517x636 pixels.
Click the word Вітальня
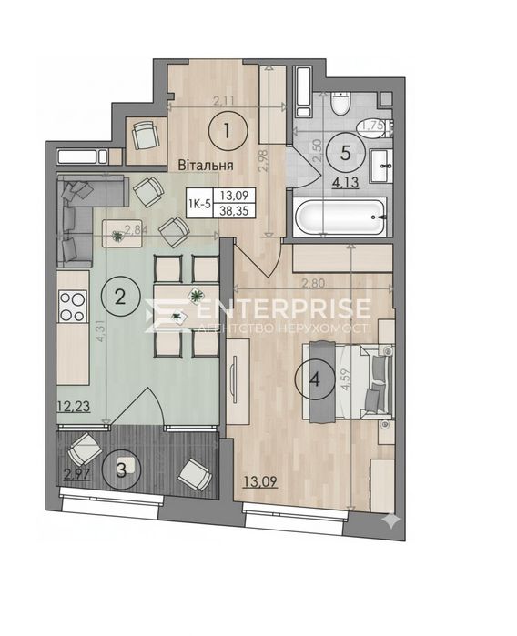click(207, 166)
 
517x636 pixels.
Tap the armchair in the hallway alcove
click(144, 136)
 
